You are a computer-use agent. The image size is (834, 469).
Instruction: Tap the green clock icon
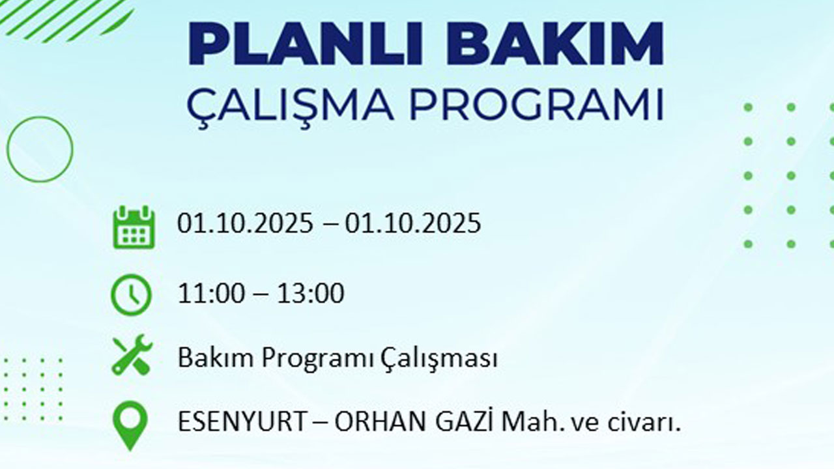click(x=131, y=296)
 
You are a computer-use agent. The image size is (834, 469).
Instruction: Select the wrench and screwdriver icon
click(x=132, y=355)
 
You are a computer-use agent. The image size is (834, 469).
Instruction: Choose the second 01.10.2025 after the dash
click(x=413, y=223)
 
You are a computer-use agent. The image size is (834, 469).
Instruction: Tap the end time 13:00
click(x=310, y=294)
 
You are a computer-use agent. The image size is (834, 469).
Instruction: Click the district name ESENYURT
click(x=242, y=423)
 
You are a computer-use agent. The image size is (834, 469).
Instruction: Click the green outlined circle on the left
click(x=40, y=149)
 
